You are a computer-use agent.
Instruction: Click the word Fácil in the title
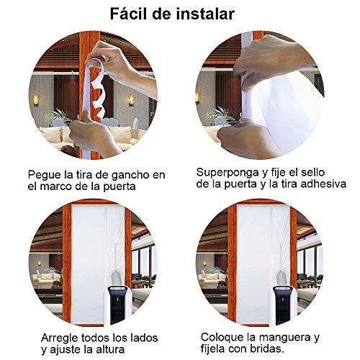pyautogui.click(x=128, y=14)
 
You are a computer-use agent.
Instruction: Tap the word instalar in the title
pyautogui.click(x=205, y=14)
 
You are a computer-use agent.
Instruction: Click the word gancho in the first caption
pyautogui.click(x=131, y=176)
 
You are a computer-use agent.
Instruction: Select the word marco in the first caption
pyautogui.click(x=57, y=186)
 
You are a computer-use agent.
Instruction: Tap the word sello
pyautogui.click(x=312, y=172)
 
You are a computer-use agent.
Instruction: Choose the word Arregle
pyautogui.click(x=60, y=338)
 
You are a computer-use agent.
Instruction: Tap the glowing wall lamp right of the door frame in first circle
pyautogui.click(x=131, y=100)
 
